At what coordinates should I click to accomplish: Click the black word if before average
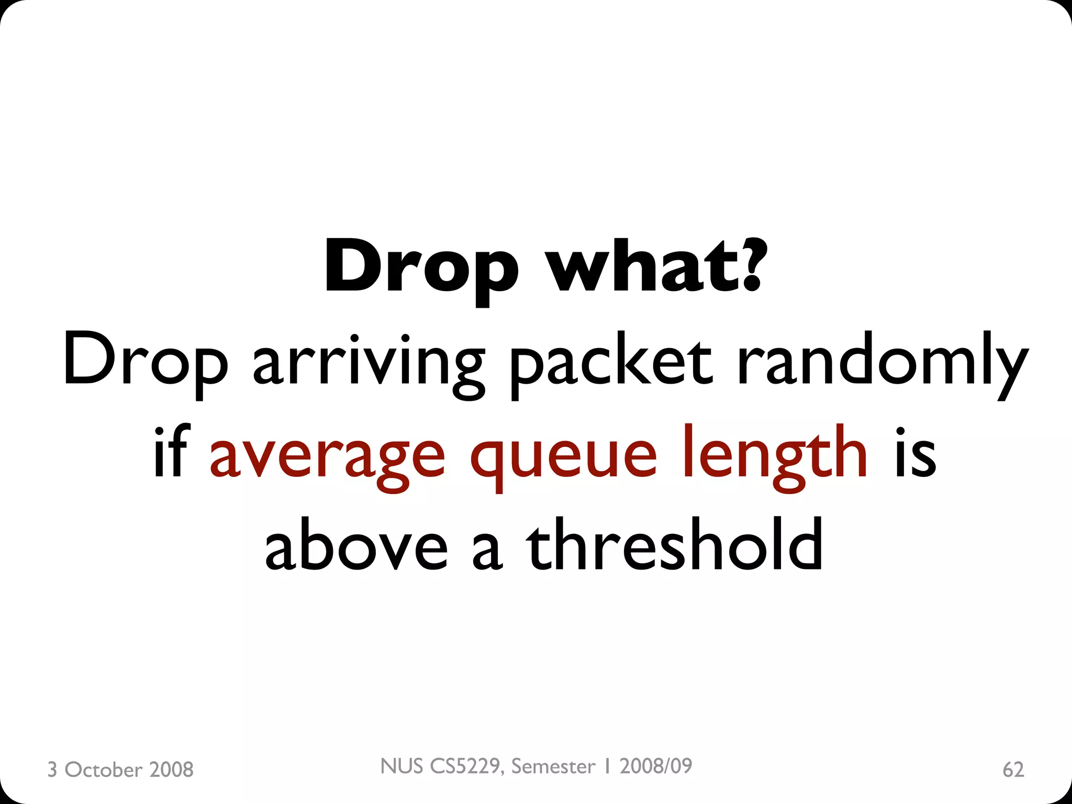tap(171, 453)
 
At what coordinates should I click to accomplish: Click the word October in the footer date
tap(103, 769)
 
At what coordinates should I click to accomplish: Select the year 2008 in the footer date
tap(171, 769)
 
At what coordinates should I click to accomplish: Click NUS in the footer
tap(401, 766)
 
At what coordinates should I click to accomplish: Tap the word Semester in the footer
tap(553, 766)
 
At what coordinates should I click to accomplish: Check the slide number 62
tap(1013, 769)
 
